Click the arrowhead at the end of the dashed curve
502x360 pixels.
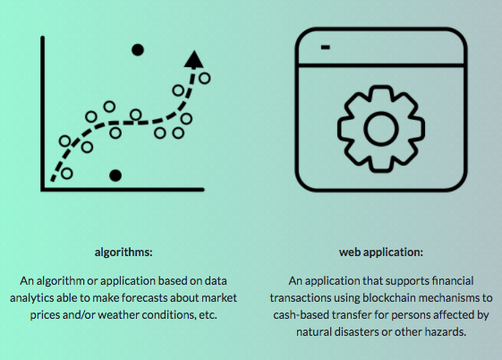click(x=193, y=60)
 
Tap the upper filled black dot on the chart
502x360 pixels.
click(x=138, y=50)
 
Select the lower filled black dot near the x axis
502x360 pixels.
click(x=115, y=176)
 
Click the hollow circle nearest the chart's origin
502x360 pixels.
click(x=66, y=173)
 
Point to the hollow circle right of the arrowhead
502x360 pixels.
click(x=205, y=78)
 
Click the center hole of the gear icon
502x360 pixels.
click(x=381, y=129)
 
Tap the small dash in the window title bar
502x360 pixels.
click(x=326, y=47)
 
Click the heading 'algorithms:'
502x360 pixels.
click(x=123, y=252)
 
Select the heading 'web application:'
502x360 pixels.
click(x=381, y=252)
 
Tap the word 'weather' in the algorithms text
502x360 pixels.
click(x=118, y=315)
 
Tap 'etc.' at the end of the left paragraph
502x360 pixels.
click(x=208, y=315)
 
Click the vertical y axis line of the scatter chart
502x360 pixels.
click(x=43, y=114)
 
